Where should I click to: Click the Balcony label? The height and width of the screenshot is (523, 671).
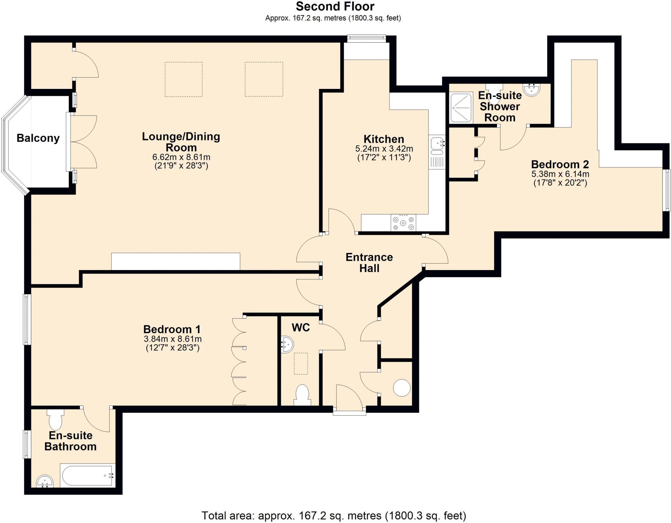click(x=38, y=138)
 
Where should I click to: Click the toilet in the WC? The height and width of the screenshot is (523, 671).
click(x=302, y=394)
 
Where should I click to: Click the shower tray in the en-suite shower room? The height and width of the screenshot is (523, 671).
click(x=461, y=108)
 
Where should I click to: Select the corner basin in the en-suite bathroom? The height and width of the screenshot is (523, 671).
click(x=45, y=482)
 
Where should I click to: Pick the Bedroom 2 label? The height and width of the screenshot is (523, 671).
click(x=560, y=164)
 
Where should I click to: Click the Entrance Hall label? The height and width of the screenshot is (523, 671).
click(x=369, y=262)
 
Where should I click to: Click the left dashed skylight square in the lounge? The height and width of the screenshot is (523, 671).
click(x=183, y=79)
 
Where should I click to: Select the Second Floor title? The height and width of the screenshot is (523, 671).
click(x=335, y=7)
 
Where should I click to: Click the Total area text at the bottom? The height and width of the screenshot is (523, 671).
click(x=334, y=516)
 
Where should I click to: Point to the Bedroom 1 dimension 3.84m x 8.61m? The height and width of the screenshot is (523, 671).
click(x=173, y=339)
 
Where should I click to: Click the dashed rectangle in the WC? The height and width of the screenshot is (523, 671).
click(x=301, y=364)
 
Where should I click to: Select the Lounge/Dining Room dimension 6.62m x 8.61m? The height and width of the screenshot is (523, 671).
click(x=181, y=157)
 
